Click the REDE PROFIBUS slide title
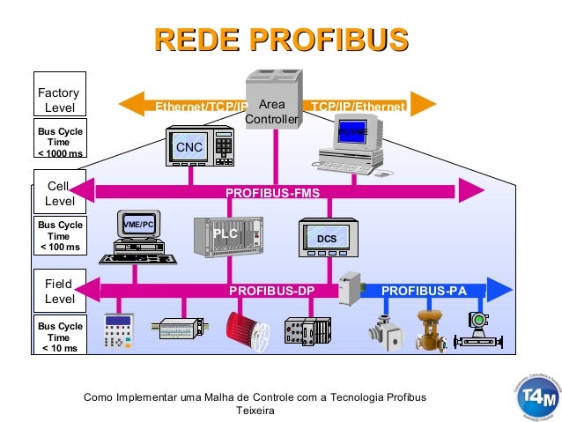coord(281,41)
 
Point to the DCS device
coord(327,238)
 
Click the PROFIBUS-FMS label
coord(272,191)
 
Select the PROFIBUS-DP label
coord(271,290)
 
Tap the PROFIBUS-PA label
coord(423,290)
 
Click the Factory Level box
coord(59,100)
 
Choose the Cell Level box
coord(59,193)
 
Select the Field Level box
coord(59,292)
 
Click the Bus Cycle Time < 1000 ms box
coord(59,141)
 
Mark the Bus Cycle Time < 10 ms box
coord(59,337)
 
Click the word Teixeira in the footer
coord(255,411)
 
